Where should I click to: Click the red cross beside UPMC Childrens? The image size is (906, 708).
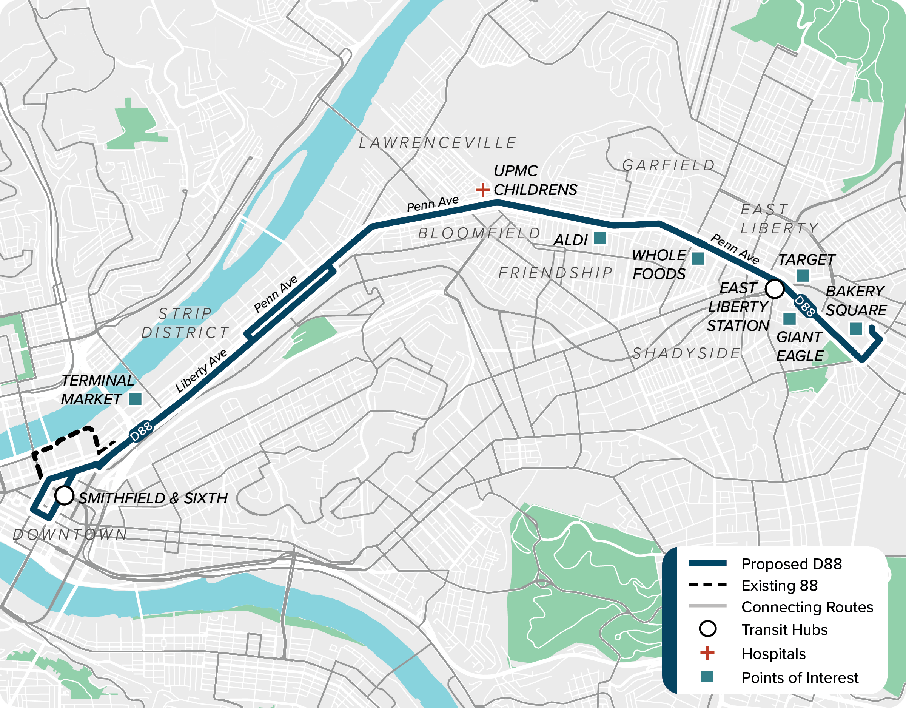point(482,190)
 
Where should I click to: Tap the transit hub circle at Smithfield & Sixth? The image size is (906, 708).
point(64,495)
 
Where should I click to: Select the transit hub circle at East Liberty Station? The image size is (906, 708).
point(774,288)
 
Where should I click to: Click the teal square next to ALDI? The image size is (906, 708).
point(600,238)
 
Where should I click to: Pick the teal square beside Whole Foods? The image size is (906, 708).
point(697,259)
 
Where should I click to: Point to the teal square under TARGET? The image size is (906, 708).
point(803,276)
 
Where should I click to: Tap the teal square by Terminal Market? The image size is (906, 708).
point(135,399)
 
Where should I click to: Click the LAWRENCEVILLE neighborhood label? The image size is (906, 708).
point(437,143)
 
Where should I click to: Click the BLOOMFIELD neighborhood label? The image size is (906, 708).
point(479,233)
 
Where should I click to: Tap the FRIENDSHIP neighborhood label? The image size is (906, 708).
point(555,273)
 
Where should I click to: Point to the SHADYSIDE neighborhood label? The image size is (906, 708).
point(686,353)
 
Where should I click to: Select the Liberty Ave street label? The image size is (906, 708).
point(201,370)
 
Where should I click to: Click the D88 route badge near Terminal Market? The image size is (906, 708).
point(141,432)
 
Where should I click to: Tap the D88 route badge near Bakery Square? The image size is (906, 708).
point(804,306)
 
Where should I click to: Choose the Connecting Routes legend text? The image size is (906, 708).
point(807,607)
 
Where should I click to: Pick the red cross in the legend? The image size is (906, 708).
point(707,653)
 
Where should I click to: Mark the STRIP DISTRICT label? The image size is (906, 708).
point(185,323)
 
